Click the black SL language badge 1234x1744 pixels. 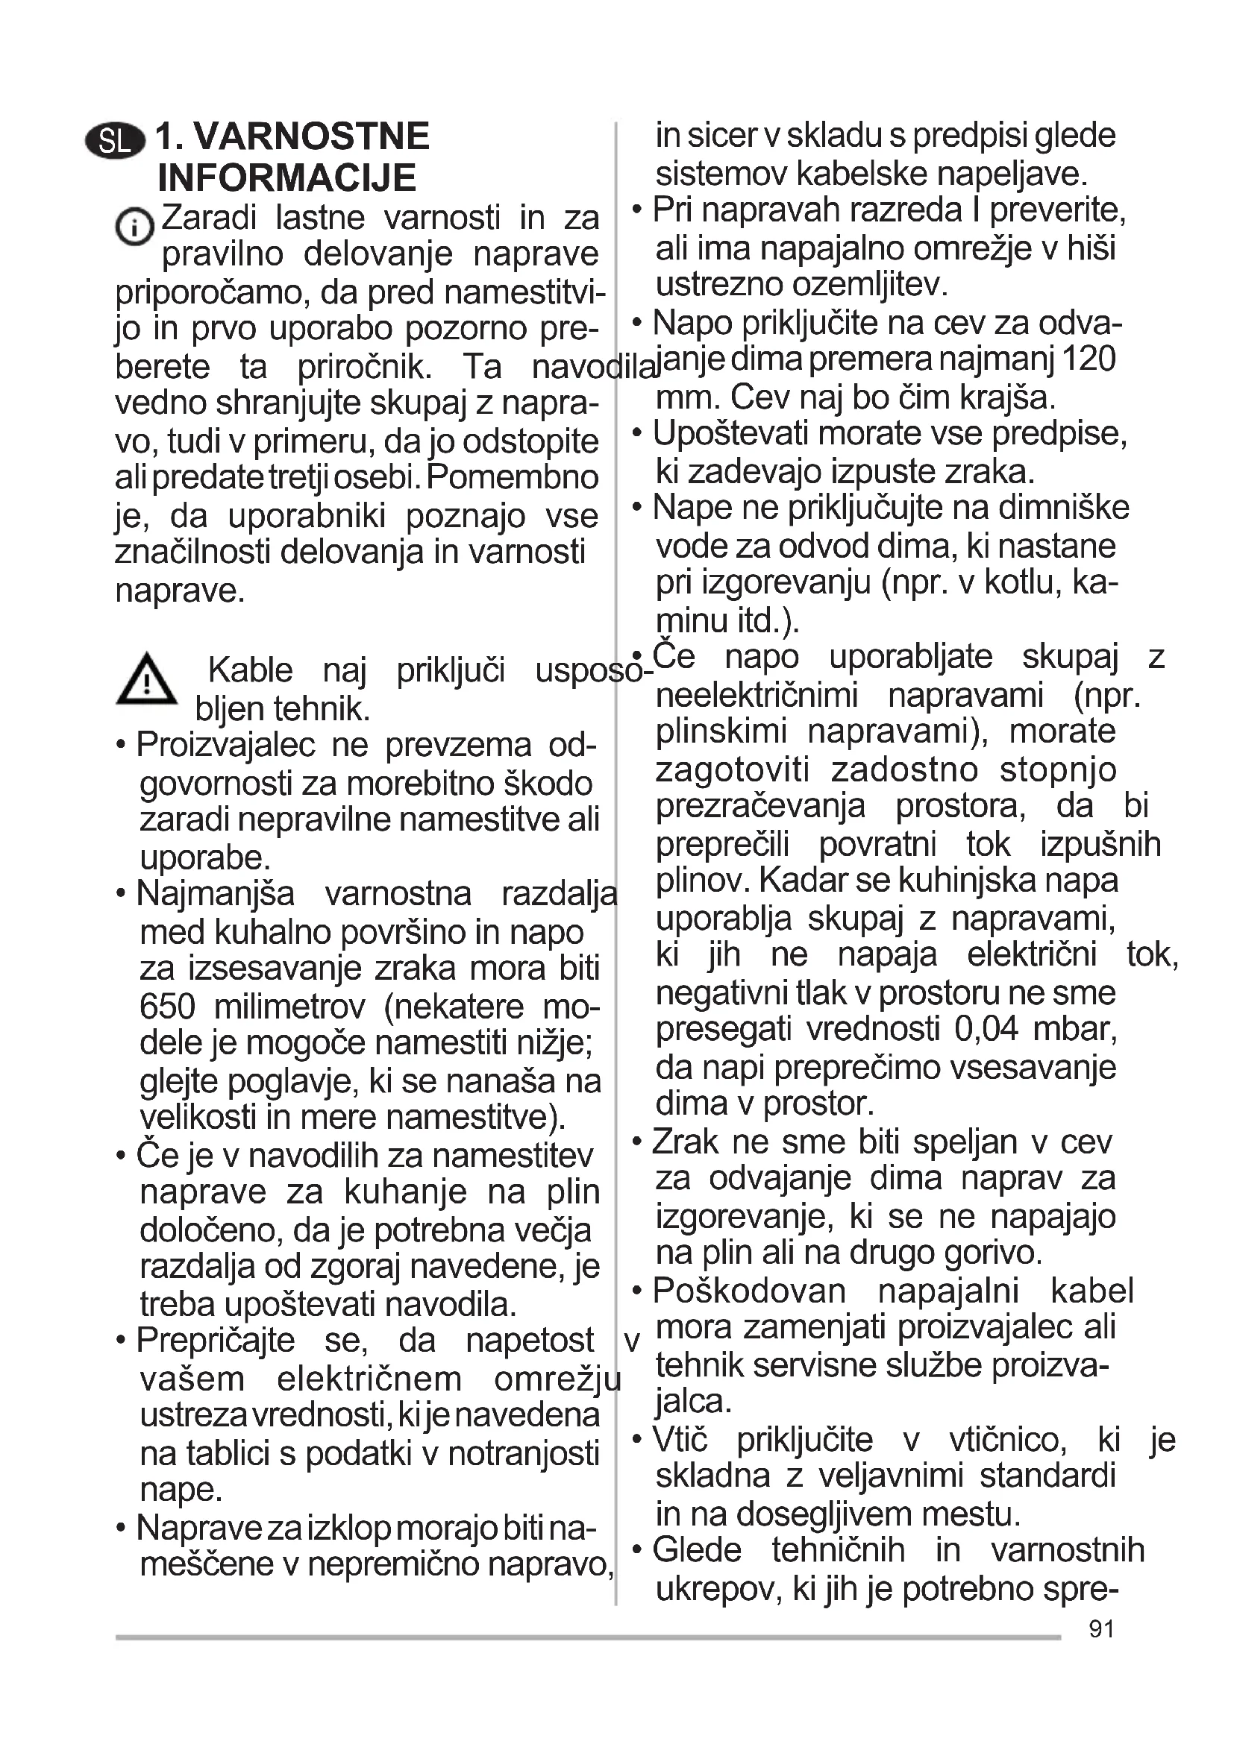point(115,141)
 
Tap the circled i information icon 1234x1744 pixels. point(134,227)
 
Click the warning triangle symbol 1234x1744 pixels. point(147,679)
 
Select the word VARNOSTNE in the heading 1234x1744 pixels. point(312,136)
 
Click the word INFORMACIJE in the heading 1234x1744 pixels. point(286,177)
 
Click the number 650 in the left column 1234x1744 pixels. point(167,1007)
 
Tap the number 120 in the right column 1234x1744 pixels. point(1087,359)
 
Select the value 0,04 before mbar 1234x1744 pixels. point(986,1028)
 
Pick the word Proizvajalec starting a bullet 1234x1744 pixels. point(225,745)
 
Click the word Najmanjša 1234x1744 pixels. point(215,893)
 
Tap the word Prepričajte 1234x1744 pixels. point(215,1340)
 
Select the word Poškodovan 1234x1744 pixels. point(748,1291)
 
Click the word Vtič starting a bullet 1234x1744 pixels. point(680,1438)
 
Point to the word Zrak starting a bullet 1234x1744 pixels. point(685,1142)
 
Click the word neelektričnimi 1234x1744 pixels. point(756,694)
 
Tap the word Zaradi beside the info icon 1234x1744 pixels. point(209,217)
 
